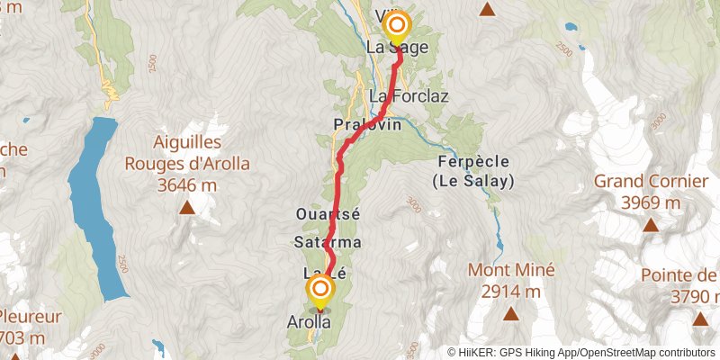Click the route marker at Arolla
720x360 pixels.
coord(320,290)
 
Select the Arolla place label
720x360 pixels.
coord(309,321)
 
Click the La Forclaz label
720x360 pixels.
coord(409,96)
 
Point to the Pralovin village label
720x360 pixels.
coord(366,124)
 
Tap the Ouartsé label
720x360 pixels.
coord(328,214)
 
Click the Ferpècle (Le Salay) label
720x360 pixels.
coord(472,171)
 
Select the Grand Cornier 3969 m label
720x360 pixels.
coord(651,191)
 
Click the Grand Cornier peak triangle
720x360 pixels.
coord(650,224)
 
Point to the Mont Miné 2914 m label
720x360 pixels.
coord(511,280)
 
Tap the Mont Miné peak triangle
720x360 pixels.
coord(511,314)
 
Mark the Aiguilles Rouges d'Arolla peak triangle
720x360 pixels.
coord(187,209)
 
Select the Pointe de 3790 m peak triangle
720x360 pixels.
coord(701,319)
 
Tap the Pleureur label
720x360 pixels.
coord(31,317)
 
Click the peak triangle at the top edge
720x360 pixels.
coord(488,10)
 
